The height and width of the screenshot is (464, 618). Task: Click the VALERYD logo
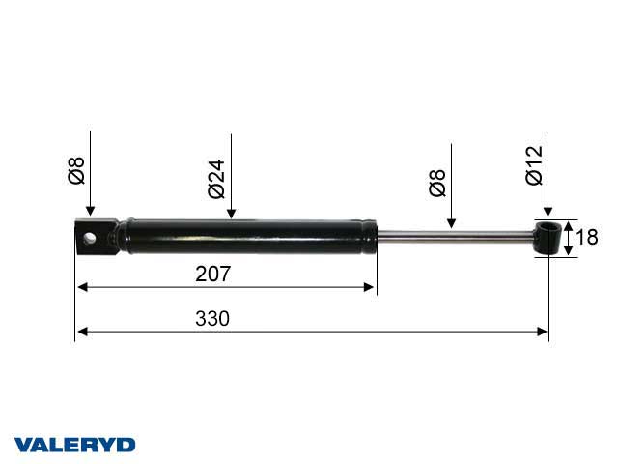pyautogui.click(x=74, y=445)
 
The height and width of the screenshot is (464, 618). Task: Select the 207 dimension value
pyautogui.click(x=212, y=274)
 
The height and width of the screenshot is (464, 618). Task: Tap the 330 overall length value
pyautogui.click(x=212, y=318)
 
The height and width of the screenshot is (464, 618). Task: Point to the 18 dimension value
pyautogui.click(x=587, y=237)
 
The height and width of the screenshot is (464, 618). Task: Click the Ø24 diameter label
pyautogui.click(x=216, y=179)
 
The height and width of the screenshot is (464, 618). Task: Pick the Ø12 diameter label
pyautogui.click(x=534, y=165)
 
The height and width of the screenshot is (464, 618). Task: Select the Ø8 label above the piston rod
pyautogui.click(x=437, y=183)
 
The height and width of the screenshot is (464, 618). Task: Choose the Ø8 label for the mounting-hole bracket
pyautogui.click(x=76, y=170)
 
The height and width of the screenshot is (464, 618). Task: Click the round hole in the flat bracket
pyautogui.click(x=90, y=239)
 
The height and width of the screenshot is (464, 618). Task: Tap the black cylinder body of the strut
pyautogui.click(x=249, y=237)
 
